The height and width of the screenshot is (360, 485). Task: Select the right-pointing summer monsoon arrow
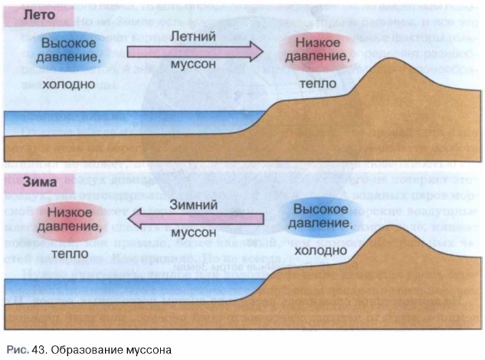195,51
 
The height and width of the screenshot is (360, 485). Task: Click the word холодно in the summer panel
70,83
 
